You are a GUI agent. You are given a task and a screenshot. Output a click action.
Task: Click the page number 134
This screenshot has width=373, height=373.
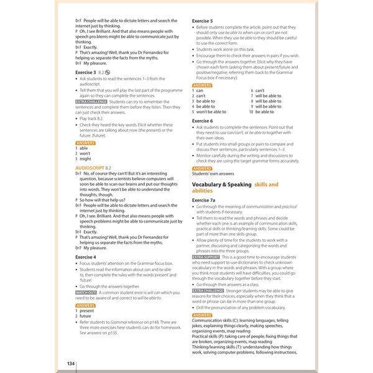click(71, 362)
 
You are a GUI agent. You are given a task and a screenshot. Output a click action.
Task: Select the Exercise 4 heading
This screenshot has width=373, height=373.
click(86, 256)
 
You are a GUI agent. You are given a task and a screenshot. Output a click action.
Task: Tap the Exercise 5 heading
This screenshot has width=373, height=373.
click(203, 21)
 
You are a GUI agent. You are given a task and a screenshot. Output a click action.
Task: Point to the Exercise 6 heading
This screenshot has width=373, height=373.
click(203, 120)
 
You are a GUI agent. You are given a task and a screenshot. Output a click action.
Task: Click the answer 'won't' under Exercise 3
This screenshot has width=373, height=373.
click(85, 154)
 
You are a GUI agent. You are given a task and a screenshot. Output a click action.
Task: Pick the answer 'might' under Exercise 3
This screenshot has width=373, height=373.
click(86, 159)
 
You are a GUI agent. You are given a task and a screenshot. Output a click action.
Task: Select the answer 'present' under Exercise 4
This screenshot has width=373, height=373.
click(87, 311)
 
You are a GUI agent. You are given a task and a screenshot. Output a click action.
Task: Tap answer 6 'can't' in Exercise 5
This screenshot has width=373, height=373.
click(260, 91)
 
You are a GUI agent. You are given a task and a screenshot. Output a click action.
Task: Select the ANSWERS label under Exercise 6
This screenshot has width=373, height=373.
click(202, 168)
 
